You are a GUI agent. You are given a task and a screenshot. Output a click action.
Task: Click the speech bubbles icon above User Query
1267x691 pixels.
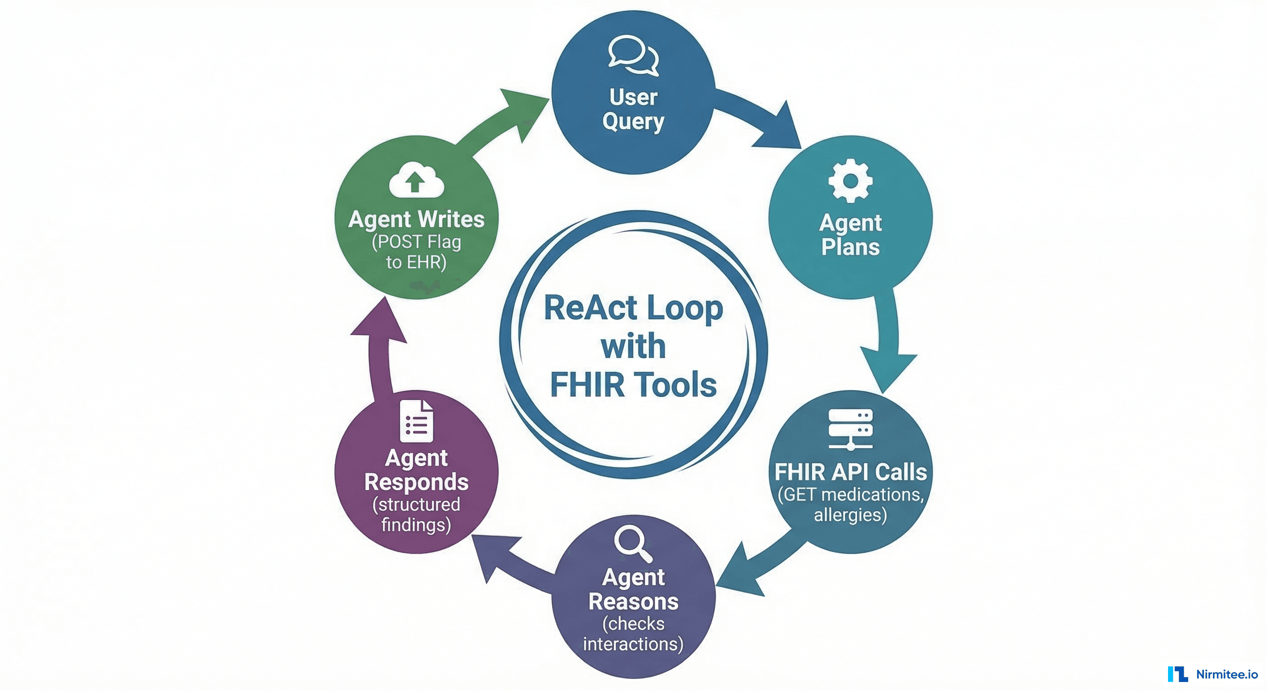[633, 55]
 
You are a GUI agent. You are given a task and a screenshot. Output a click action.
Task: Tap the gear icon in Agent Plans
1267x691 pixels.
[850, 180]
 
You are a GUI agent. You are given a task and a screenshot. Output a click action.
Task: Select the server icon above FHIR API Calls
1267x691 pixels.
[850, 429]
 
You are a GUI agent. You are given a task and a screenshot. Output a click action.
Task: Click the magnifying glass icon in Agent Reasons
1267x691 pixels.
[633, 543]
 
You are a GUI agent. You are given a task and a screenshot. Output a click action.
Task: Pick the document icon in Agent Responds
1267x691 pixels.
[416, 421]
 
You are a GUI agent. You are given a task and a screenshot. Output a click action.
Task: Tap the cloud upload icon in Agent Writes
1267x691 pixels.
[416, 180]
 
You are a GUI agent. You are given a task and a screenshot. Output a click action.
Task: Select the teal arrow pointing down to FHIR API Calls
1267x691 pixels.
[888, 344]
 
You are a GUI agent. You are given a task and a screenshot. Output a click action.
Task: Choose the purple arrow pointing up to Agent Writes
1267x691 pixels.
[379, 344]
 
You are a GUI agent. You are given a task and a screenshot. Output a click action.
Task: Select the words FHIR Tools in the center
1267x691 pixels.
[633, 385]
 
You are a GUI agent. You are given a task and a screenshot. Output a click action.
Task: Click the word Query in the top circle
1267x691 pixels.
[633, 121]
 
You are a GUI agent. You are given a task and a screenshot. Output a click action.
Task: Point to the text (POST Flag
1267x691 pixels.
[416, 242]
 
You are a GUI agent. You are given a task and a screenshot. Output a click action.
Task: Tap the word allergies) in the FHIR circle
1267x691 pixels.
[850, 515]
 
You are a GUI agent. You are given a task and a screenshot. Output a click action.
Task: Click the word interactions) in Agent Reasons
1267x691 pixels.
[633, 644]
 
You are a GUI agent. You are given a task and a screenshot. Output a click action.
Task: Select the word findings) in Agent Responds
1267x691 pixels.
[416, 525]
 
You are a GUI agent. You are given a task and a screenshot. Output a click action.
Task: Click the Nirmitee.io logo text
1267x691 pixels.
[1227, 674]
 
